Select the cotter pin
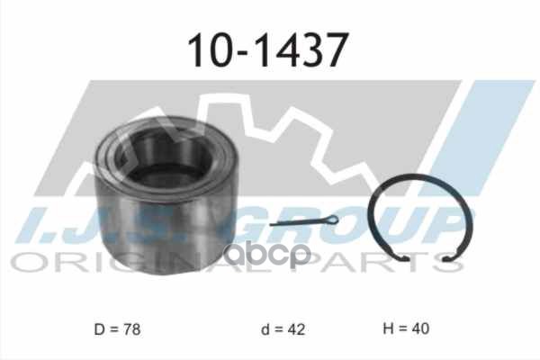(x=303, y=223)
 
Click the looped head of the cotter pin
(x=329, y=220)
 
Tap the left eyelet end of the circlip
(x=410, y=262)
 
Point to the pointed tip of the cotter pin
(x=272, y=226)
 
